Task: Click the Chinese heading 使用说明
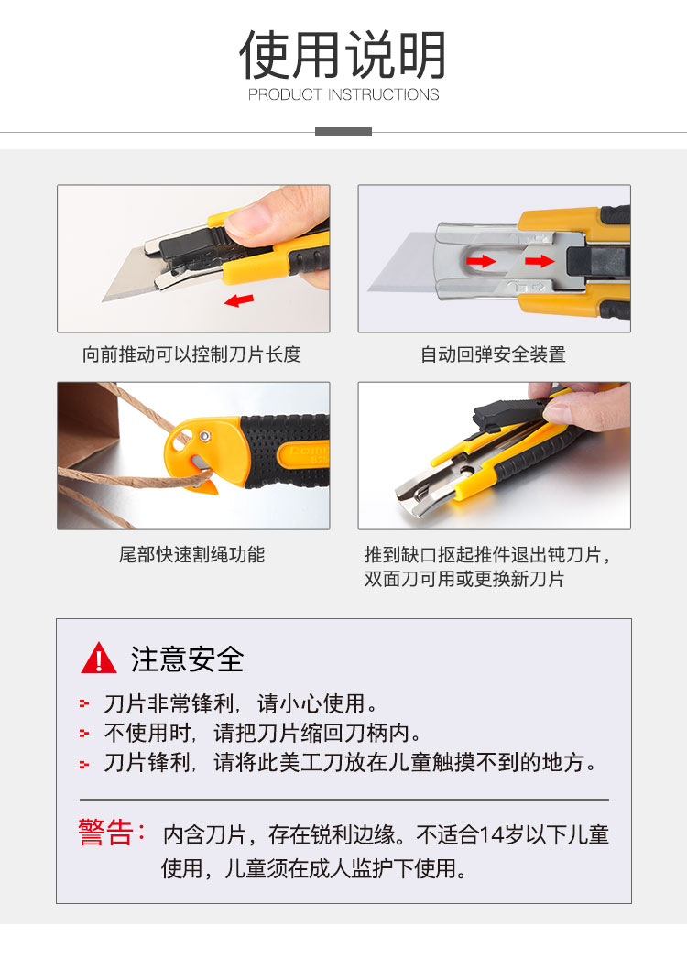(x=343, y=55)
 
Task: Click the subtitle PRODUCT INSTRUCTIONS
(x=343, y=94)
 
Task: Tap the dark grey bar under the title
(x=343, y=132)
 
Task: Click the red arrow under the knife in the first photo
(x=239, y=300)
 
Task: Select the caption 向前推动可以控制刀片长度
(x=191, y=354)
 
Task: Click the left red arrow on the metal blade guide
(x=481, y=261)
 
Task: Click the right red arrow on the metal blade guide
(x=540, y=261)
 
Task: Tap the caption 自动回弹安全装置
(x=493, y=354)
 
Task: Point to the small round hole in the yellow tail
(x=205, y=437)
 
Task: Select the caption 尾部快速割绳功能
(x=191, y=554)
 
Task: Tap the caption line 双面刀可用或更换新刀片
(x=464, y=579)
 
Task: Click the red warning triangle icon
(x=99, y=659)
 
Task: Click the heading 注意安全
(x=187, y=659)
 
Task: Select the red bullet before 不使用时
(x=84, y=734)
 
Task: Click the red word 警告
(x=105, y=832)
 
